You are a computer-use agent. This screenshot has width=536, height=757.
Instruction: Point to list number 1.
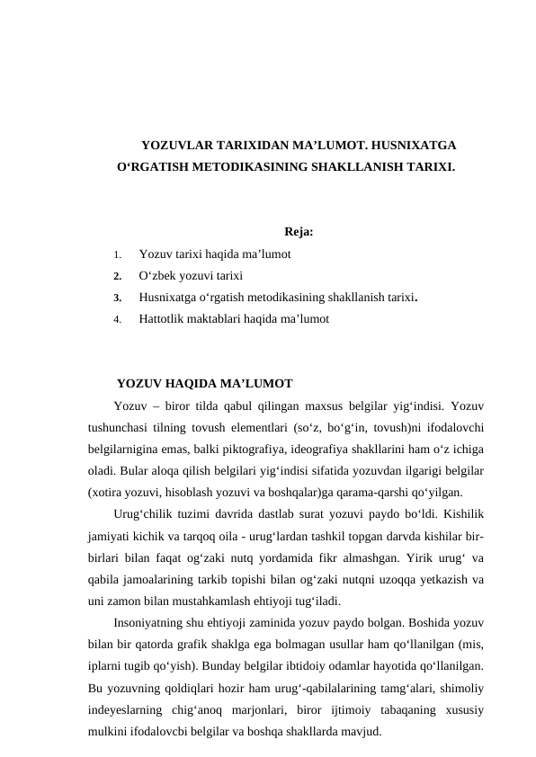(x=118, y=255)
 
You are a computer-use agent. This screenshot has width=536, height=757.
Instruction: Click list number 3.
(x=118, y=298)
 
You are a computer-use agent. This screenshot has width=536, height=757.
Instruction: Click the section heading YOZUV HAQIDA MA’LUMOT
(x=204, y=385)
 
